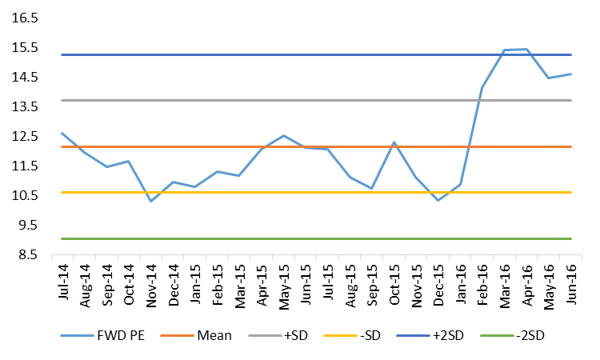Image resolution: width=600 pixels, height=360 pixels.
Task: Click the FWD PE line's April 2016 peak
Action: tap(526, 49)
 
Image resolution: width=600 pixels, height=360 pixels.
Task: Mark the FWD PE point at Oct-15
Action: tap(394, 142)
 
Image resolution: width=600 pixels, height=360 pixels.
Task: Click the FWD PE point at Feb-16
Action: tap(482, 87)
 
